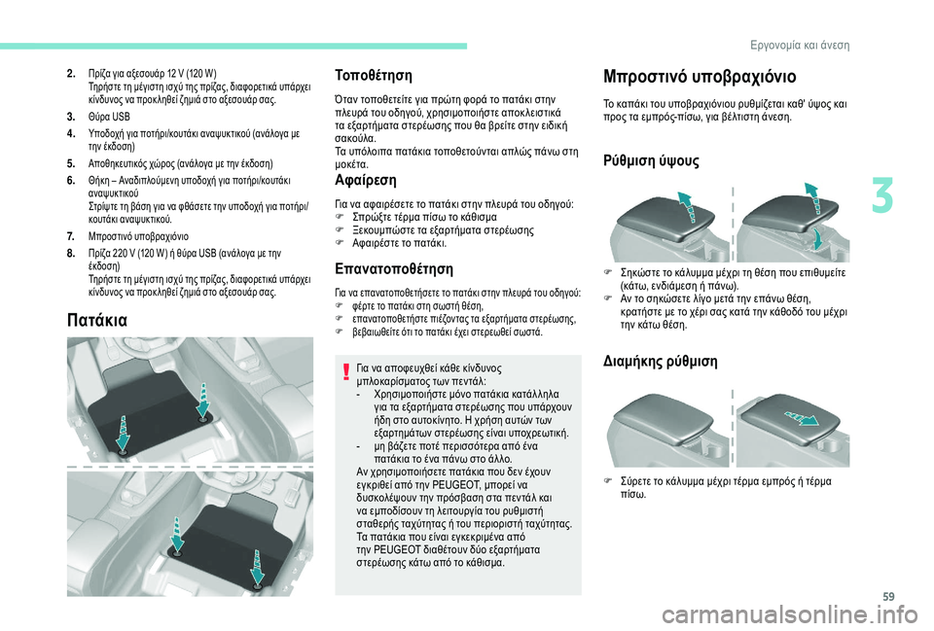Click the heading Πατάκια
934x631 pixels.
[97, 320]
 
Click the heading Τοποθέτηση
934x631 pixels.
[374, 76]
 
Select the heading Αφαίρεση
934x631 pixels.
[366, 180]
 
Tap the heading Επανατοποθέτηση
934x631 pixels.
[394, 268]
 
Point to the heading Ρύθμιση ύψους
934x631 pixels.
[651, 160]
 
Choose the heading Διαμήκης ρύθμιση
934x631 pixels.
[660, 362]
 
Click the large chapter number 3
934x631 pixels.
[882, 197]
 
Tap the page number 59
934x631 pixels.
[888, 596]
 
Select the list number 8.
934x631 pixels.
[71, 254]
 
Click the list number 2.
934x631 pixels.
[71, 75]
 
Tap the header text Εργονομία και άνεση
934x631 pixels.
[800, 46]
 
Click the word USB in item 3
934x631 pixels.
[121, 117]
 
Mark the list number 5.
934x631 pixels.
[71, 163]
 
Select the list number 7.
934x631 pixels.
[71, 236]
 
